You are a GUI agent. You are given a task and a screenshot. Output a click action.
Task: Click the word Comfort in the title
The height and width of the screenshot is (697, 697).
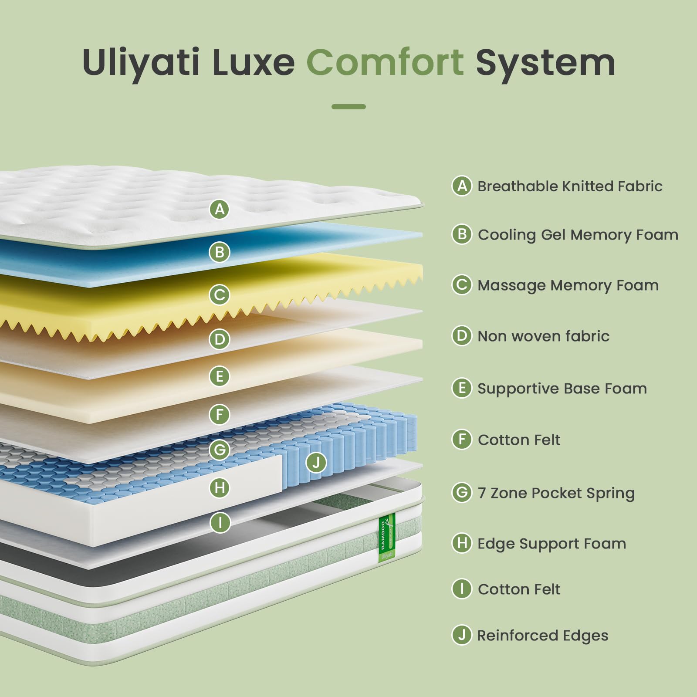[x=385, y=62]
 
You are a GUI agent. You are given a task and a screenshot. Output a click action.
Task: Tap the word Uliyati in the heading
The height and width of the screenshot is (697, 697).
[x=140, y=62]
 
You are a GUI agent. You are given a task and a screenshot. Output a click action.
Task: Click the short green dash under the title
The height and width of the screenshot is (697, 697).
[x=348, y=107]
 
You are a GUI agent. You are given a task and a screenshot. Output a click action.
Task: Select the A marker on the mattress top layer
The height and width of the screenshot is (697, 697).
[x=220, y=210]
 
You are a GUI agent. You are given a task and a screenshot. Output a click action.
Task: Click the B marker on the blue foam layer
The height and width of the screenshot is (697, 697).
[x=220, y=252]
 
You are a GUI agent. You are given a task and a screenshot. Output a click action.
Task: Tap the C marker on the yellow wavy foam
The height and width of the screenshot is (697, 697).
[x=220, y=295]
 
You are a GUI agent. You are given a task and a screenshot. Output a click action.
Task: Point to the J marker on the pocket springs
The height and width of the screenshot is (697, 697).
[x=316, y=462]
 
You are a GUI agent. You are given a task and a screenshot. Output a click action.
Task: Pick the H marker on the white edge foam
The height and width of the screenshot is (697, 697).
[x=220, y=487]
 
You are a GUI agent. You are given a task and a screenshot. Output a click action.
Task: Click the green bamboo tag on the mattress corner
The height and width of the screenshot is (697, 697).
[x=386, y=537]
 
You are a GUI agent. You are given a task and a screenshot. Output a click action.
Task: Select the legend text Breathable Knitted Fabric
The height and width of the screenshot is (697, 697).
[x=570, y=186]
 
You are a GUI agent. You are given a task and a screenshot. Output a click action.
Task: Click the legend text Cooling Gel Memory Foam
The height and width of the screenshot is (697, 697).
[x=578, y=235]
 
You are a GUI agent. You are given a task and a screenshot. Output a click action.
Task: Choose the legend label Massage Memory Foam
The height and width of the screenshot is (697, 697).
[x=568, y=285]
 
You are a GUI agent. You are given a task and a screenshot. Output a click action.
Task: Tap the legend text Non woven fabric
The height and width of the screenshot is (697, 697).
[x=543, y=336]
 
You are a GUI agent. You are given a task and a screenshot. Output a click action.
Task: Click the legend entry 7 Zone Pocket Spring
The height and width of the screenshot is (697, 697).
[x=556, y=493]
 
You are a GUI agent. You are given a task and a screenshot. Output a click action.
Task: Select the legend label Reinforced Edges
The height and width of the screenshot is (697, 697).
[x=543, y=636]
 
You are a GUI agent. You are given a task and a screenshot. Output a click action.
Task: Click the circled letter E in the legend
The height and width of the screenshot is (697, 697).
[x=462, y=388]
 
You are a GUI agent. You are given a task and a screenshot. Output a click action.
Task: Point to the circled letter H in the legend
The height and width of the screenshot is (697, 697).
[x=462, y=543]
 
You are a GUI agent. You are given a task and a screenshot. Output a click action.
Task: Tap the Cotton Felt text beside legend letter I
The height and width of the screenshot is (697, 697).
[x=519, y=589]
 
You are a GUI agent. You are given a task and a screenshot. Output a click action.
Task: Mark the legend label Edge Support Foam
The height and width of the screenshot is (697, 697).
[x=552, y=544]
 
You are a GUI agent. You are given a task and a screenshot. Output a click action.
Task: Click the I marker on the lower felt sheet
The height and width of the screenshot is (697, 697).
[x=220, y=522]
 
